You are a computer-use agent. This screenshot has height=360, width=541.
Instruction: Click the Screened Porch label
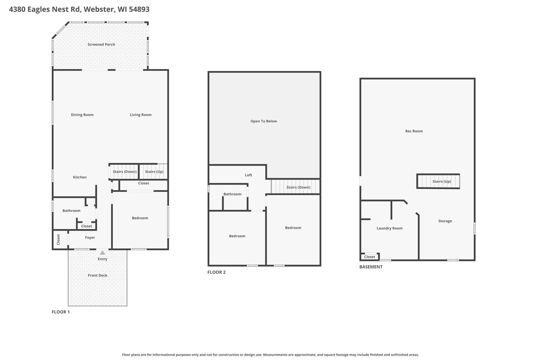[101, 44]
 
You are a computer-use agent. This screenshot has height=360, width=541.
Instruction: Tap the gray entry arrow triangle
[102, 253]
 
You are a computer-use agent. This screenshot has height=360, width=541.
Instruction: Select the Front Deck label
[98, 275]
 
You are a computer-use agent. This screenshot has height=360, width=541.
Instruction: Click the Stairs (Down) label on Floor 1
[125, 172]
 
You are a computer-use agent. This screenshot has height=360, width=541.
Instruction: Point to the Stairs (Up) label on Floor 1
[154, 172]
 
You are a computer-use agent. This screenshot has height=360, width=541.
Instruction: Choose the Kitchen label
[80, 177]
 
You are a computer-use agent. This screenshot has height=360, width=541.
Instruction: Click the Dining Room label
[82, 115]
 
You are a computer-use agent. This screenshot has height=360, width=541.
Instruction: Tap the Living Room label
[140, 115]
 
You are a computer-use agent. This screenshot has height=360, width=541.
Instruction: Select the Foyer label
[90, 237]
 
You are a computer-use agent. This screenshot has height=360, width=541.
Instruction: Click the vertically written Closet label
[58, 239]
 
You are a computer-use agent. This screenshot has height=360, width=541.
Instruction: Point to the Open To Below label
[263, 121]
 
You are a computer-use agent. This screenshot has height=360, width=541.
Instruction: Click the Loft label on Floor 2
[248, 175]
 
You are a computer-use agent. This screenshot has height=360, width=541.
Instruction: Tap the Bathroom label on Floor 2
[232, 194]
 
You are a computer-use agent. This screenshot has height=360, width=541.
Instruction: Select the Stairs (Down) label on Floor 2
[298, 187]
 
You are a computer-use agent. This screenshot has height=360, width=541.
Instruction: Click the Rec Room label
[414, 131]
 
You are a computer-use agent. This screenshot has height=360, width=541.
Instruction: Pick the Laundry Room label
[389, 228]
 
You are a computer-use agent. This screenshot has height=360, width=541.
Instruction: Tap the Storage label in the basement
[445, 221]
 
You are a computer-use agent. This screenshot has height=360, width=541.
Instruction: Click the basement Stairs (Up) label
[442, 182]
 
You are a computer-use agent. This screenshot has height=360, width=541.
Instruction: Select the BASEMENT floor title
[371, 267]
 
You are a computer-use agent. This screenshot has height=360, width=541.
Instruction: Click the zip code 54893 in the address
[139, 9]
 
